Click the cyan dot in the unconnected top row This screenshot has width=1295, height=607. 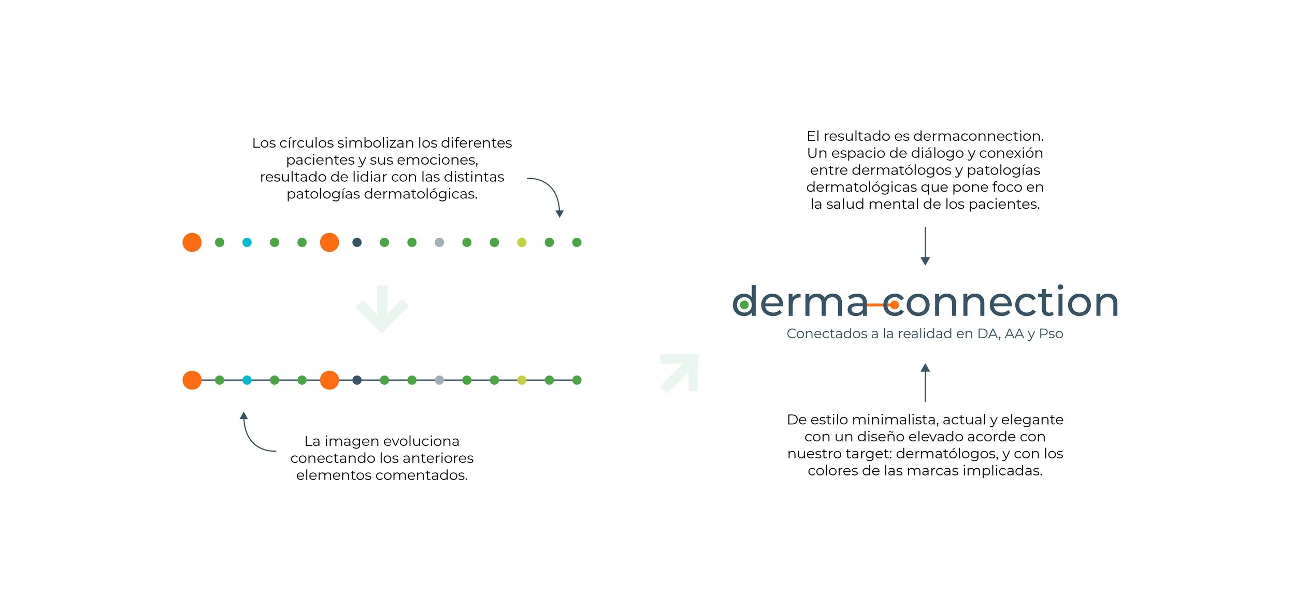coord(247,242)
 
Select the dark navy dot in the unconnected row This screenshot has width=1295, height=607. coord(357,242)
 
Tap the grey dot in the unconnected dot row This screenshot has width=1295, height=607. coord(439,242)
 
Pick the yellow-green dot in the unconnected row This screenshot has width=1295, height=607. coord(522,242)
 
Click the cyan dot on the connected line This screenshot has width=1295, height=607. coord(247,380)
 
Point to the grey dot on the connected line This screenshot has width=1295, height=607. coord(439,380)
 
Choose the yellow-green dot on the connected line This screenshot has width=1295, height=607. coord(522,380)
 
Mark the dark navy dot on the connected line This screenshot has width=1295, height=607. coord(357,380)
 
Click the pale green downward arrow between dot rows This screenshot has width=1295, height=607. coord(382,309)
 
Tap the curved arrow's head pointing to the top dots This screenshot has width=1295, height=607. coord(559,213)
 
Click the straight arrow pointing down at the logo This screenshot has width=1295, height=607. coord(925,246)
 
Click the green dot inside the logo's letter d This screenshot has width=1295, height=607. coord(744,305)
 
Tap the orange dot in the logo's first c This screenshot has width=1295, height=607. coord(894,305)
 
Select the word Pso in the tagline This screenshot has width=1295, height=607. coord(1051,334)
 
